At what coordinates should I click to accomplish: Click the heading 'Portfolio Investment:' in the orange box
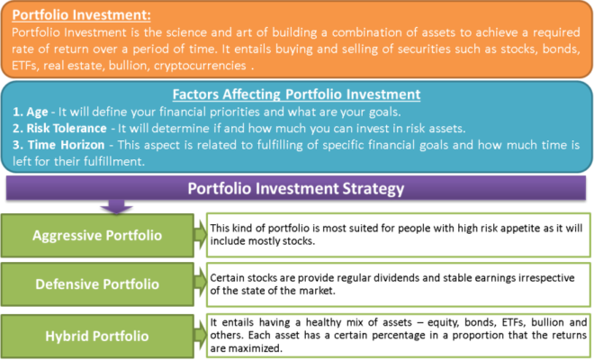coord(81,15)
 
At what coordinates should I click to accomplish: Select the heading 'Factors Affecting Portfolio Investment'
coord(297,94)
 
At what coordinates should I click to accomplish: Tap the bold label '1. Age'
coord(31,112)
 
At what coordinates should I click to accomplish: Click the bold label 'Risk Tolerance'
coord(67,129)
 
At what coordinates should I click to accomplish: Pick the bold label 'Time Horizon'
coord(67,145)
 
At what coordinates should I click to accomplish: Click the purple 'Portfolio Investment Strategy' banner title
coord(296,189)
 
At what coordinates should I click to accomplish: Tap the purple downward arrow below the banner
coord(116,206)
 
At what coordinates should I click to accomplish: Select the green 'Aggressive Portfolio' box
coord(97,235)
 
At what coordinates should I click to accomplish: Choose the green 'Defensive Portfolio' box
coord(97,284)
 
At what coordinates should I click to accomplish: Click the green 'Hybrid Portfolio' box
coord(97,336)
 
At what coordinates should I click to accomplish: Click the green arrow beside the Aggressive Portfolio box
coord(200,235)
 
